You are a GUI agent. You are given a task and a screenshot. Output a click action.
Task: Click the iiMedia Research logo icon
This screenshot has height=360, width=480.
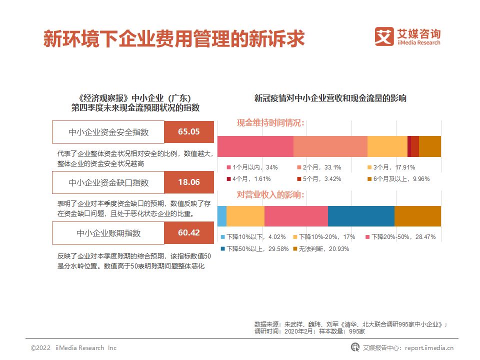tap(384, 36)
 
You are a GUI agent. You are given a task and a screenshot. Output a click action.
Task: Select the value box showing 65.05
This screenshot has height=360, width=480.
tap(189, 132)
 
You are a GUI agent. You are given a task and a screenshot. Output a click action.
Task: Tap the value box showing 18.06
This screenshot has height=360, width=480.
tap(189, 182)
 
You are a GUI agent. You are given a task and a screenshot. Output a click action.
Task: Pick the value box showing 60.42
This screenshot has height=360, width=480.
tap(189, 233)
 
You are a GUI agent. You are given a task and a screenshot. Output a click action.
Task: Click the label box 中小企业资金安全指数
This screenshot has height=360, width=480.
tap(108, 132)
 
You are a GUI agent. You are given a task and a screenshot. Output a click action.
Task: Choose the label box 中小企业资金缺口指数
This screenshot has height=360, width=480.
tap(108, 182)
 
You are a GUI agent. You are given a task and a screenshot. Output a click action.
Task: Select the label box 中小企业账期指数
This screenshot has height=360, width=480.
tap(108, 233)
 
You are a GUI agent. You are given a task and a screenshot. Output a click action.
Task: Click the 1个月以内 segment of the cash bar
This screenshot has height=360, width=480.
tap(255, 146)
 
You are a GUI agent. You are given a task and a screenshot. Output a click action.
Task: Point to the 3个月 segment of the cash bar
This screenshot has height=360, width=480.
tap(387, 146)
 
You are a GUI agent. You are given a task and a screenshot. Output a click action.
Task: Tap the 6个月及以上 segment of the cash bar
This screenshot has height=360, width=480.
tap(430, 146)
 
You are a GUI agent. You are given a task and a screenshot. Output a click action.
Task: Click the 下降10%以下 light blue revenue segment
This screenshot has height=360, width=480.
tap(221, 216)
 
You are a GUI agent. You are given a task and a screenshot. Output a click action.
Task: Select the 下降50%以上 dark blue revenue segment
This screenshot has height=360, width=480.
tap(361, 216)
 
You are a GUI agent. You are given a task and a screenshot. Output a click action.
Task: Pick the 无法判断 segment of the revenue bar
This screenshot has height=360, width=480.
tap(417, 216)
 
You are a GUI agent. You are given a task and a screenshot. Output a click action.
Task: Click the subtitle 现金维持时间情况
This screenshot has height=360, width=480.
tap(270, 123)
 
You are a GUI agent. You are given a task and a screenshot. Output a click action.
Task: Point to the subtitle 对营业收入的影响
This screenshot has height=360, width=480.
tap(270, 194)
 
